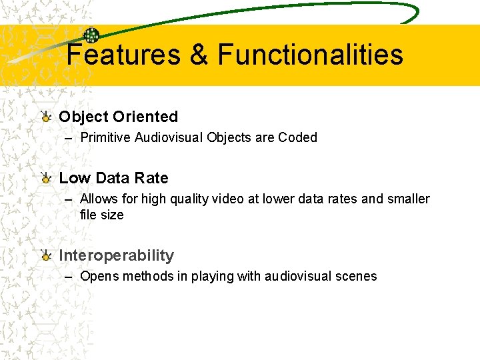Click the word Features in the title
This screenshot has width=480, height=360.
(x=123, y=54)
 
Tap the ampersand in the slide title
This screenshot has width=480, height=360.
(x=199, y=54)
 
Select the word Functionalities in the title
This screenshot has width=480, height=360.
(x=310, y=54)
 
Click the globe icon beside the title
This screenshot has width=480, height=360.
(x=91, y=35)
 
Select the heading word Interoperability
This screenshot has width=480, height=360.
(x=116, y=255)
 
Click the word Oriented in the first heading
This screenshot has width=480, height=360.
(x=145, y=117)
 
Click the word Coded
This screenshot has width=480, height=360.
(x=297, y=138)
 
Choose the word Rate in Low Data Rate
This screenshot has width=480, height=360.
(x=151, y=178)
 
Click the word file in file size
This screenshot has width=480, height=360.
(x=89, y=215)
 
